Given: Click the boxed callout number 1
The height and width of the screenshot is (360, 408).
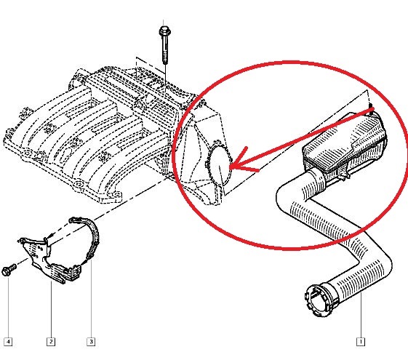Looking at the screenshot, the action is pos(361,342).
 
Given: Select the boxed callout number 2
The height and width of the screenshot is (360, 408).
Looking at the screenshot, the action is pos(51,342).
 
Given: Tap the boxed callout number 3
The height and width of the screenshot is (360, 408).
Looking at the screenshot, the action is pos(91,342).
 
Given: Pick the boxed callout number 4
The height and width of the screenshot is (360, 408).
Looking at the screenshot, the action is pos(8,342).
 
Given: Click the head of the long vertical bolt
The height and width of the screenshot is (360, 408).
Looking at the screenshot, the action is pos(164,31).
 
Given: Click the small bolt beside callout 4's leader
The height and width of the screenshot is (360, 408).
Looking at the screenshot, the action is pos(9,270).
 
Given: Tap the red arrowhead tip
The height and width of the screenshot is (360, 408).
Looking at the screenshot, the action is pos(231,167).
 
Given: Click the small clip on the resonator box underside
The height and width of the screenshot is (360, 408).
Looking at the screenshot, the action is pos(344,174).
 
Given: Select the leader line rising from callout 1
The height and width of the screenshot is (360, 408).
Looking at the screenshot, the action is pos(361,315).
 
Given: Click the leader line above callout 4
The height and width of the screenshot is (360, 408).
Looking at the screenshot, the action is pos(8,307).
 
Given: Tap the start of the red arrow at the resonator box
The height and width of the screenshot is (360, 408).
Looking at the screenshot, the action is pos(372,110).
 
